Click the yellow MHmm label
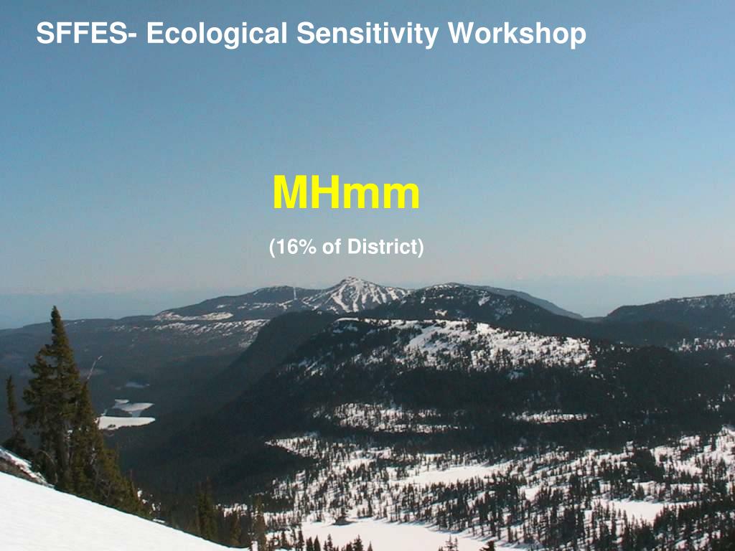tap(346, 192)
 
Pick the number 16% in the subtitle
tap(296, 247)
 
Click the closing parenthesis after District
tap(421, 247)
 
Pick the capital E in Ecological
tap(156, 33)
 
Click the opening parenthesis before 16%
tap(272, 247)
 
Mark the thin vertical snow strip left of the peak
tap(295, 293)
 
